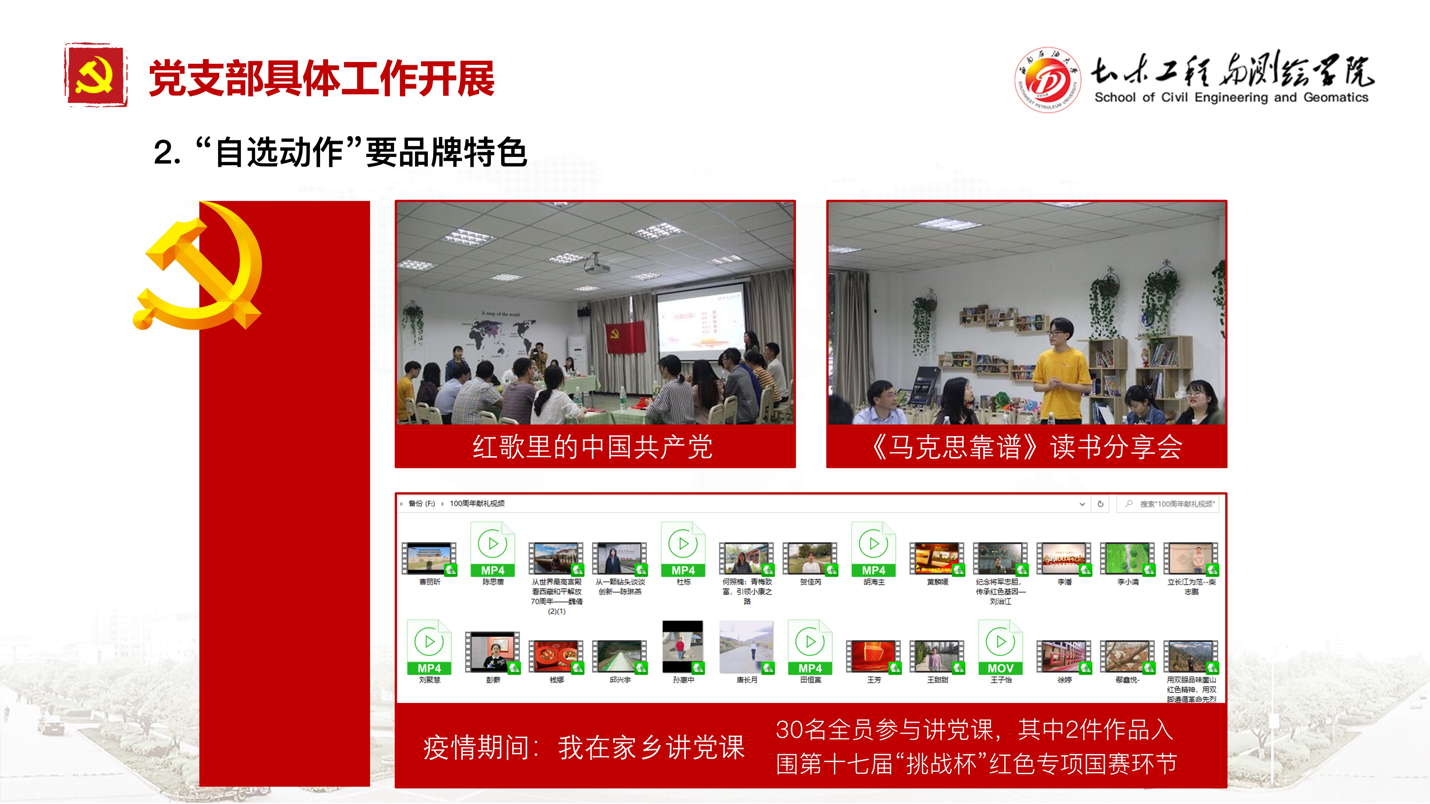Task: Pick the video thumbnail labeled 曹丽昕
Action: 429,558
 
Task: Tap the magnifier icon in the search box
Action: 1129,504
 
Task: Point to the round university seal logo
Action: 1047,79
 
